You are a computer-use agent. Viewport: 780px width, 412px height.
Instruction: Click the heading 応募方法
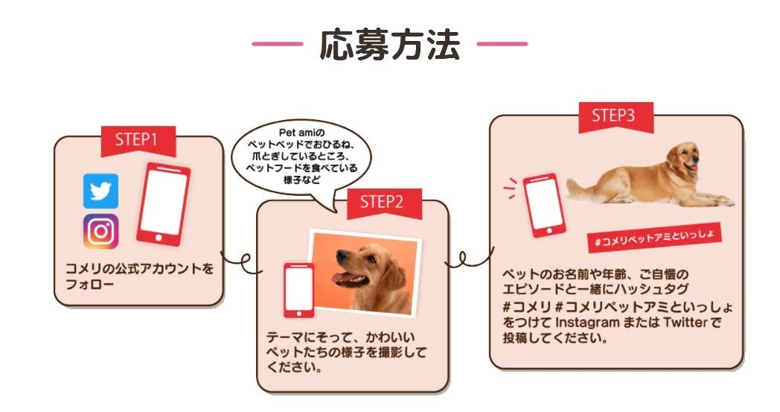click(x=389, y=45)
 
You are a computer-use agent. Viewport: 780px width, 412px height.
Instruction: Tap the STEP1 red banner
click(x=138, y=140)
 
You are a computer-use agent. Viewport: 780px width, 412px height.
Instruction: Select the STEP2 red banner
click(x=384, y=203)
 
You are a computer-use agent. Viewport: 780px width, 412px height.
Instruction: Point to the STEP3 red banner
click(x=616, y=116)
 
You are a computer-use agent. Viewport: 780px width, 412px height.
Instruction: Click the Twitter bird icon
click(x=101, y=191)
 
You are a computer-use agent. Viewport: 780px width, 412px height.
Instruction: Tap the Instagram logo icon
click(x=101, y=232)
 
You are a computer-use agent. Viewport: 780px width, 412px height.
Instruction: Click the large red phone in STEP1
click(x=163, y=204)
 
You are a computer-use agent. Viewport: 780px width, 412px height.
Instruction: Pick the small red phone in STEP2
click(x=299, y=290)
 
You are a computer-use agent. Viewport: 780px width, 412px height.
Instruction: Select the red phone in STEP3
click(x=544, y=205)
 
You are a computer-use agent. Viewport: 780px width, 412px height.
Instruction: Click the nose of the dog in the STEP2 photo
click(x=341, y=255)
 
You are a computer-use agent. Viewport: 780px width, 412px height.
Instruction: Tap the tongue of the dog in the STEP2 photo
click(x=344, y=277)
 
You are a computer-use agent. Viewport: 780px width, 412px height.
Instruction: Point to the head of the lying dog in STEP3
click(x=685, y=157)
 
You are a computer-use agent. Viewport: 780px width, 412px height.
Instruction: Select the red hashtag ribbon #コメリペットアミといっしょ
click(x=655, y=237)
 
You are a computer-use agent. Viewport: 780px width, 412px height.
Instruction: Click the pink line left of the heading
click(x=278, y=44)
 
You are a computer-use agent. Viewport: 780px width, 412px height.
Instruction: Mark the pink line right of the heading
click(x=502, y=44)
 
